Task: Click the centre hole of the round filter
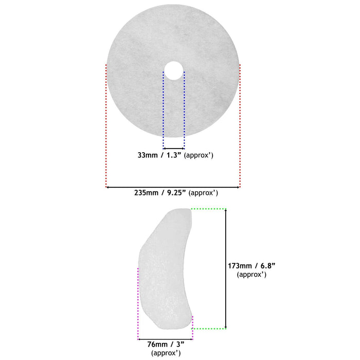[174, 70]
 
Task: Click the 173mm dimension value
[240, 266]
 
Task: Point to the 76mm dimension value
[157, 344]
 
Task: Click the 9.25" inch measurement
[176, 193]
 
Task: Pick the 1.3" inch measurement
[174, 155]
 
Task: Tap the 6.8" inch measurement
[268, 266]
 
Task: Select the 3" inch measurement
[181, 344]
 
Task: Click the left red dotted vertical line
[106, 126]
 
